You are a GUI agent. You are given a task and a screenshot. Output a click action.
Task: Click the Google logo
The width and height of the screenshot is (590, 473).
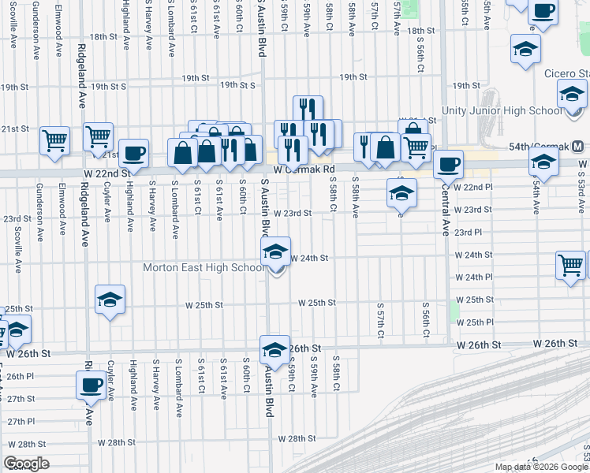26,464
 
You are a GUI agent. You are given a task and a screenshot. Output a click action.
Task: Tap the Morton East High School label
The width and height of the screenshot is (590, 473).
203,267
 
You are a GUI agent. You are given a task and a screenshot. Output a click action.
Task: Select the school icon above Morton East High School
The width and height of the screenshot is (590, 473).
275,252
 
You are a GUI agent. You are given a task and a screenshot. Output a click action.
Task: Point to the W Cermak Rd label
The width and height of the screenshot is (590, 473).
304,169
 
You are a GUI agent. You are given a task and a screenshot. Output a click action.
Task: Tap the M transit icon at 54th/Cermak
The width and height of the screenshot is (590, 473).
578,147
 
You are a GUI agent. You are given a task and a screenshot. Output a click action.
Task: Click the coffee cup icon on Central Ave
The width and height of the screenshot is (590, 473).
449,164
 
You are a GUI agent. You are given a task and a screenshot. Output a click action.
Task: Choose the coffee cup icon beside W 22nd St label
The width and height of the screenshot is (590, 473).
133,153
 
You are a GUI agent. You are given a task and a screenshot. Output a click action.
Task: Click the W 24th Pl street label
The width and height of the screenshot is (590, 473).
473,277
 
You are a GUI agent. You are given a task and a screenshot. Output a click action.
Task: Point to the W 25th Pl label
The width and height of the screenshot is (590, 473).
474,322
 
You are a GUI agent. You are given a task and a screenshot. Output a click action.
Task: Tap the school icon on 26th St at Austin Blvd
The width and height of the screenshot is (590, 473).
274,349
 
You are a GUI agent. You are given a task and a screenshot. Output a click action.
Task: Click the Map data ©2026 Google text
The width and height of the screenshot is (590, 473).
540,467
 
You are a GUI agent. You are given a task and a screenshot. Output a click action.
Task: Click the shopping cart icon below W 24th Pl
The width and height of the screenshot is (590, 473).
570,265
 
